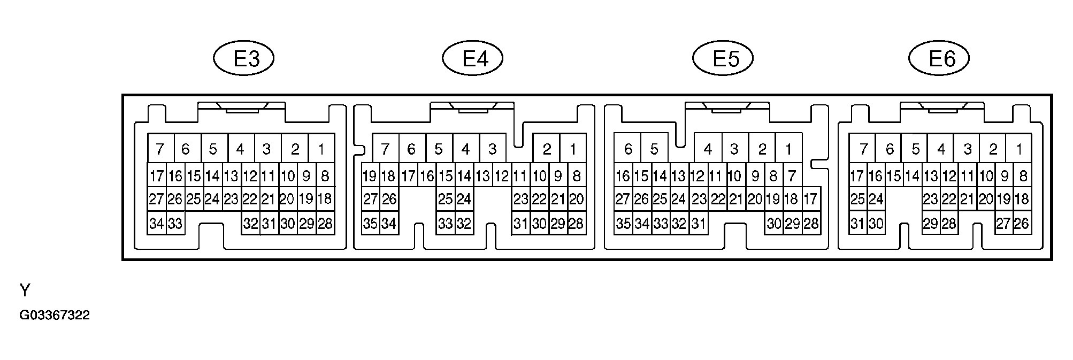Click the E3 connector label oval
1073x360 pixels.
point(244,58)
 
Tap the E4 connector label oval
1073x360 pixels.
point(473,58)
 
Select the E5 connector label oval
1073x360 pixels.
point(723,58)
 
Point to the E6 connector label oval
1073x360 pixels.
point(939,58)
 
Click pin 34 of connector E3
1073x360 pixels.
point(156,224)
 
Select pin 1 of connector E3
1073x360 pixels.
point(321,149)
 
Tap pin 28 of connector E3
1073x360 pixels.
point(325,224)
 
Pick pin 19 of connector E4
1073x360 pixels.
point(370,175)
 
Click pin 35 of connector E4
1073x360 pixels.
point(370,224)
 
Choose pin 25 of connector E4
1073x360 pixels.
point(445,200)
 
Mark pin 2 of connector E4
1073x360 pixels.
point(547,149)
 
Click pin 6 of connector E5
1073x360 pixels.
point(628,149)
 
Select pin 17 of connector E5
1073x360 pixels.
point(811,200)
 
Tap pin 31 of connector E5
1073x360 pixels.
point(699,224)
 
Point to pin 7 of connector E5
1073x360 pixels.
point(793,175)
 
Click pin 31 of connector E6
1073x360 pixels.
point(857,224)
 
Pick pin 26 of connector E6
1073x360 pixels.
point(1022,224)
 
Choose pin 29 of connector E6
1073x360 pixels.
point(931,224)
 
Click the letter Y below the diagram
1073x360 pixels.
point(25,290)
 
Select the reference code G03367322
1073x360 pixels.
point(55,316)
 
